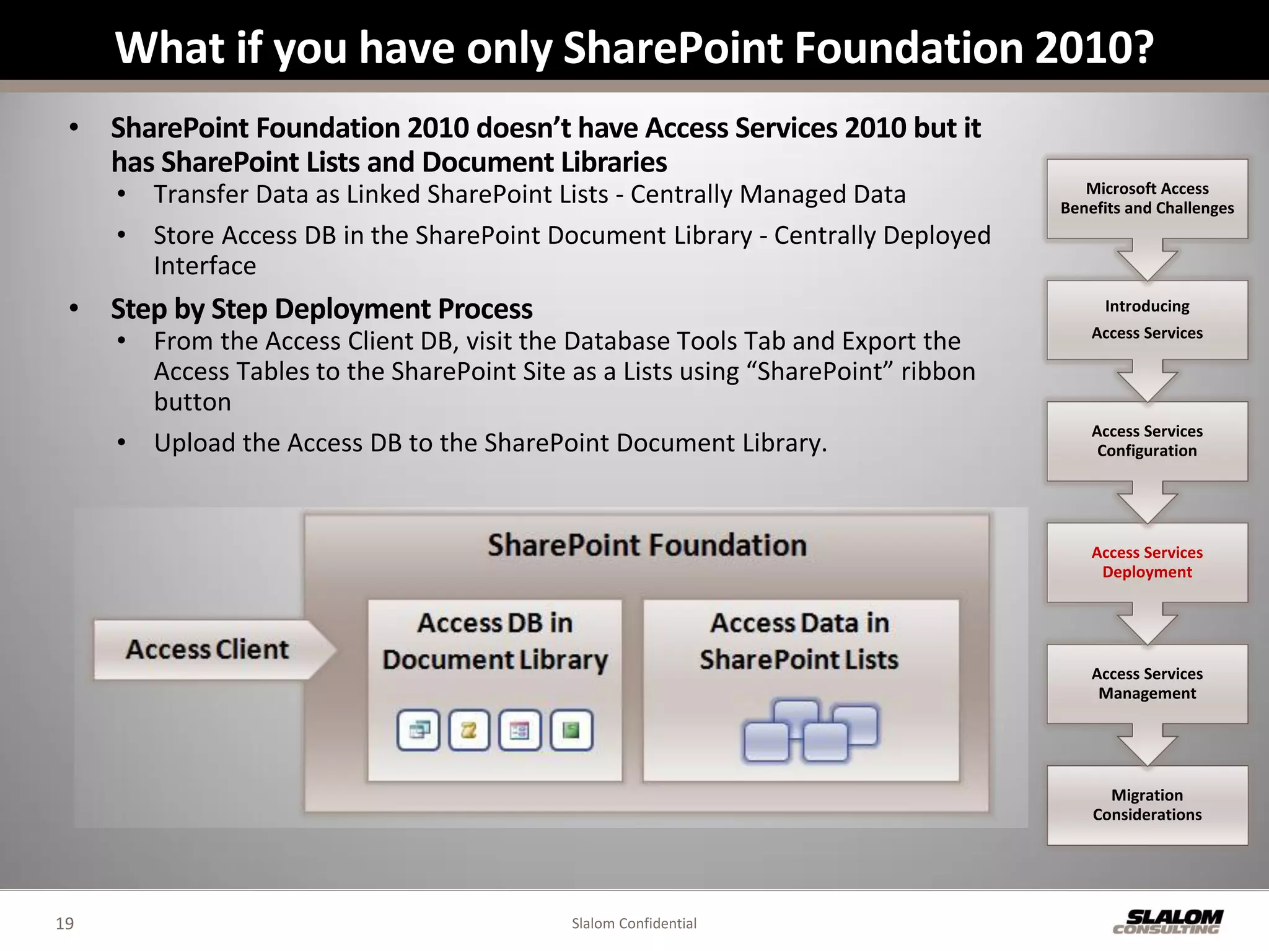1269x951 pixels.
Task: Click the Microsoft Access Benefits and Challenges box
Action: (x=1147, y=198)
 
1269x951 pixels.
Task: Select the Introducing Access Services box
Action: (x=1147, y=319)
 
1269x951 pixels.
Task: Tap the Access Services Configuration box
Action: (x=1147, y=441)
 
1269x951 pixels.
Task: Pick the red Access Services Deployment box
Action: (x=1147, y=562)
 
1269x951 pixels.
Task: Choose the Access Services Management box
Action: (x=1147, y=684)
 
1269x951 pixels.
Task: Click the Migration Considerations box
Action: (x=1147, y=805)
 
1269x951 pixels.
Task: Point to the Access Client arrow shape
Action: (x=208, y=649)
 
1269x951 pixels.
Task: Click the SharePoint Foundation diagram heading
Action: (x=647, y=545)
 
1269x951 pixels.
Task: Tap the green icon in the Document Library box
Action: (x=571, y=731)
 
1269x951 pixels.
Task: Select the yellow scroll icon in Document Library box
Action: (x=469, y=731)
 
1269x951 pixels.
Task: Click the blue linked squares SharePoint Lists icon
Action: (x=810, y=731)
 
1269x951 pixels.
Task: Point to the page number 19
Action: (x=64, y=923)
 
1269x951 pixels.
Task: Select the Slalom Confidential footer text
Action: (x=634, y=923)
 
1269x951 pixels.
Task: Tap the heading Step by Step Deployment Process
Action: (x=322, y=309)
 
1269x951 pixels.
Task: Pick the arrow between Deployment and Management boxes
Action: (x=1147, y=625)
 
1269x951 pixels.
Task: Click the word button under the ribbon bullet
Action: (x=193, y=402)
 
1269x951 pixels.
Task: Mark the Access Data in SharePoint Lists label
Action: (x=799, y=641)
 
